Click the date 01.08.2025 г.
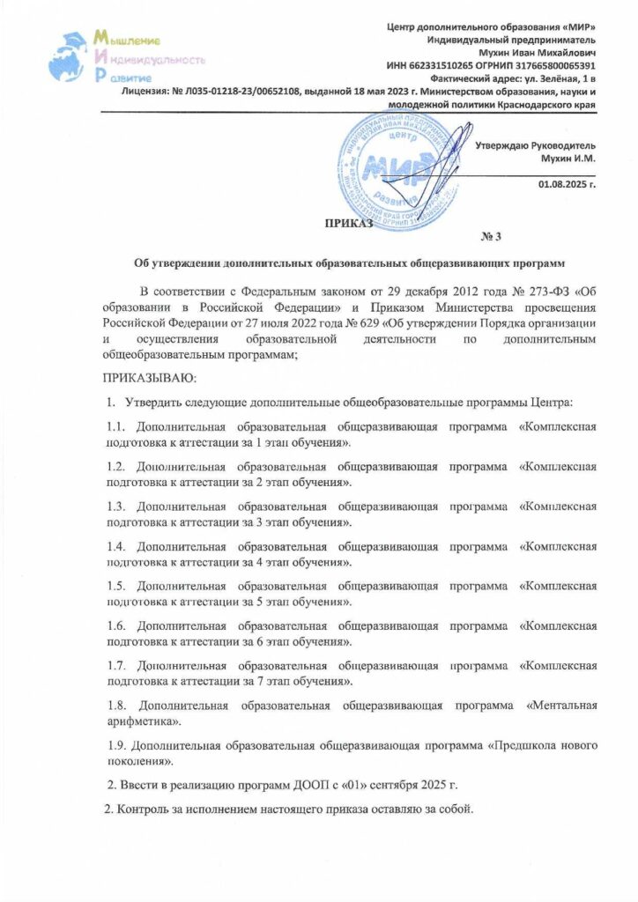[x=568, y=183]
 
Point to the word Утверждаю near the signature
[x=504, y=144]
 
